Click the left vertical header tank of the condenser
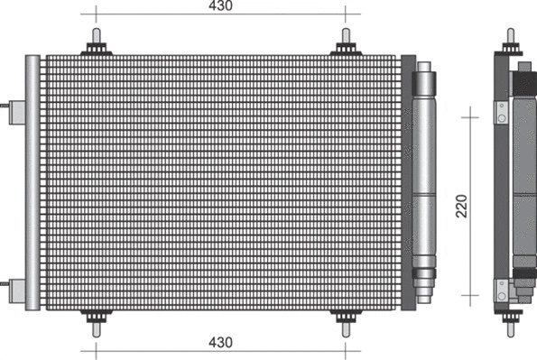32,180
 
